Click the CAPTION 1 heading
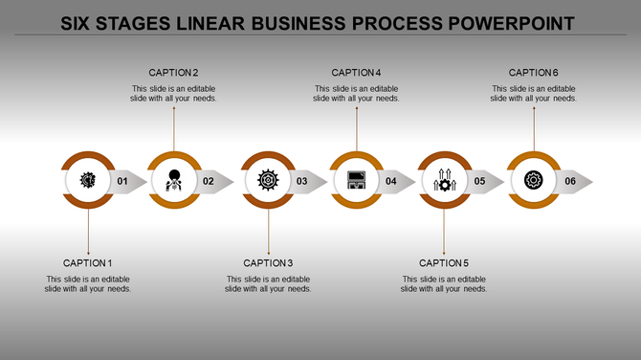point(88,262)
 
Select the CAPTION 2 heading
point(174,73)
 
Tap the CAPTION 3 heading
point(269,262)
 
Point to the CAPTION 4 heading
point(357,73)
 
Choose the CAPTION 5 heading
point(444,262)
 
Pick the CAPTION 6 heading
point(534,73)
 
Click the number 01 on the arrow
point(122,181)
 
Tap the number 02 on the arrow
point(209,181)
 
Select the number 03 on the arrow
point(301,181)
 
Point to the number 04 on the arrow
point(391,181)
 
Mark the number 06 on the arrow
point(570,181)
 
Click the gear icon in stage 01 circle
point(88,180)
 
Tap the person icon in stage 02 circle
point(174,180)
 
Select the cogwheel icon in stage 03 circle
point(268,180)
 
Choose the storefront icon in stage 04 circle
point(357,180)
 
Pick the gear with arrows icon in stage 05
point(445,180)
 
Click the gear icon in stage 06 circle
point(534,180)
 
